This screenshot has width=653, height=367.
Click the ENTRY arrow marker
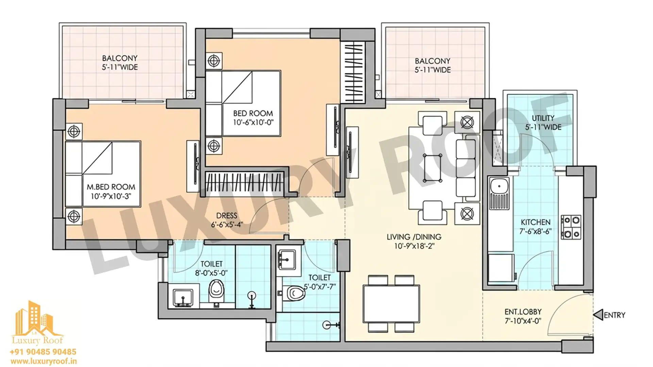(x=598, y=315)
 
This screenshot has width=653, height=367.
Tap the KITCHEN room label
(x=535, y=222)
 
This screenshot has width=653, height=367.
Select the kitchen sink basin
(x=499, y=187)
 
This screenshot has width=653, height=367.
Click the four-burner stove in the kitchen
(x=571, y=227)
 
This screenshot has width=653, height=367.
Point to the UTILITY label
(x=543, y=118)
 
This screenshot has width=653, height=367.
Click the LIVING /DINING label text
(x=414, y=237)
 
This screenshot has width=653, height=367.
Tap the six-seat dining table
(x=391, y=304)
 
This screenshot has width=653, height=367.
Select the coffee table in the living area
(x=432, y=168)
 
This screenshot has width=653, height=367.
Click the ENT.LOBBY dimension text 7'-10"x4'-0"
(x=523, y=321)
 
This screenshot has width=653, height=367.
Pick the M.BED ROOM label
(x=111, y=187)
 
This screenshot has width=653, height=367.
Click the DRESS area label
(x=227, y=216)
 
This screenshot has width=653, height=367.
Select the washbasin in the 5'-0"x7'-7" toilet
(x=287, y=260)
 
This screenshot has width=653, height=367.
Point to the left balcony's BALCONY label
(x=120, y=58)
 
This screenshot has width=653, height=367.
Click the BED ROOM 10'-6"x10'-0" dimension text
(x=253, y=122)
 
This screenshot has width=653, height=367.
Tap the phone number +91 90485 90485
(x=43, y=352)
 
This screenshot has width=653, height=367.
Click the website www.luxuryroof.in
(x=43, y=361)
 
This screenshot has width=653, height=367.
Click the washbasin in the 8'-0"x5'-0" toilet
(x=183, y=298)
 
